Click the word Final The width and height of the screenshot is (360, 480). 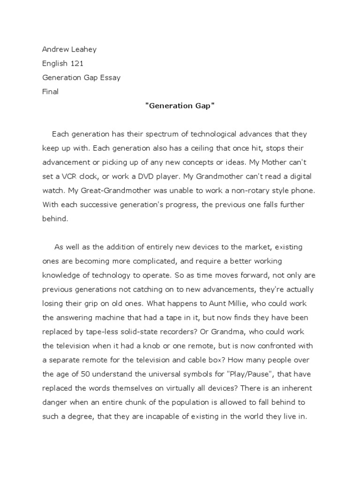click(50, 91)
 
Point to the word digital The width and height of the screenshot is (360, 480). click(298, 176)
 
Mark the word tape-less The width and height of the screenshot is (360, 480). click(104, 331)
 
